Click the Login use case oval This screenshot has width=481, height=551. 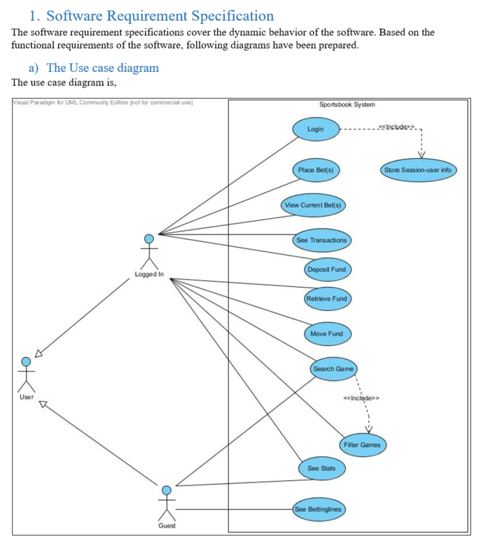click(x=316, y=129)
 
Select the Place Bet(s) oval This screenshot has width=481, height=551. click(x=316, y=170)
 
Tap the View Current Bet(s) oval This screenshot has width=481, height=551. click(x=314, y=205)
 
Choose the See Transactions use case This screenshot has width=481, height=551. click(x=321, y=239)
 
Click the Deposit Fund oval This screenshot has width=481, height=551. click(x=326, y=269)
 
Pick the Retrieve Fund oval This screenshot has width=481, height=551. click(x=327, y=298)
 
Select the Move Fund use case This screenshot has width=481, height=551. click(x=327, y=333)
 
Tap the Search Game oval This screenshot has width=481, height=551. click(x=334, y=369)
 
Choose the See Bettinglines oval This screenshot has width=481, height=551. click(x=320, y=510)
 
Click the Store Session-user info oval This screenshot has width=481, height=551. click(x=417, y=170)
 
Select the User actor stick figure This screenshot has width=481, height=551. click(x=26, y=374)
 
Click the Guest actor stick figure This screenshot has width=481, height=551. click(x=166, y=502)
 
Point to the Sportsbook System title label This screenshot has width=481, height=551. click(x=347, y=105)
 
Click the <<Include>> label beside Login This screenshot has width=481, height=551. click(x=396, y=125)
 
